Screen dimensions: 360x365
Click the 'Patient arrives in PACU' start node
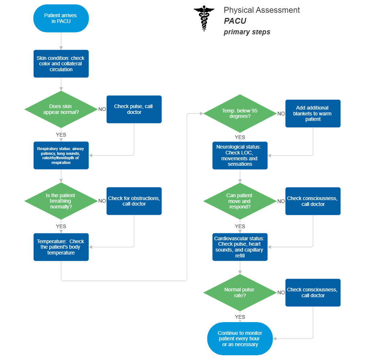click(x=61, y=18)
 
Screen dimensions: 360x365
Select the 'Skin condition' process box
click(x=61, y=64)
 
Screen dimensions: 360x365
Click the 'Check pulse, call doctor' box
click(x=134, y=109)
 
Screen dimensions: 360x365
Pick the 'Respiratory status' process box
click(x=61, y=156)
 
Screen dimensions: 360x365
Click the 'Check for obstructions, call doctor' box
click(x=134, y=201)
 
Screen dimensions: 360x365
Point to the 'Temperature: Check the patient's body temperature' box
click(x=61, y=247)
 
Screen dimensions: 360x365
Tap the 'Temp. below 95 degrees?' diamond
click(x=240, y=113)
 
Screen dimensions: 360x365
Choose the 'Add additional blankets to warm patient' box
click(x=313, y=113)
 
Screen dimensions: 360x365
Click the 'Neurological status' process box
click(x=240, y=156)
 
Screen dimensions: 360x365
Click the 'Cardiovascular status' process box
click(x=240, y=247)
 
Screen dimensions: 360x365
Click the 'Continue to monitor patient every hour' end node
click(x=240, y=338)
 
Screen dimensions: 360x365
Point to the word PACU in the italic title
click(x=235, y=21)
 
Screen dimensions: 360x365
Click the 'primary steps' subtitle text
click(x=247, y=32)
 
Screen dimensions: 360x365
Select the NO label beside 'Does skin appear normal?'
click(x=102, y=109)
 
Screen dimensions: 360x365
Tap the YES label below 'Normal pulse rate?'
click(x=240, y=317)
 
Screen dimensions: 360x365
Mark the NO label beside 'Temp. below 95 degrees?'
click(x=281, y=114)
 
